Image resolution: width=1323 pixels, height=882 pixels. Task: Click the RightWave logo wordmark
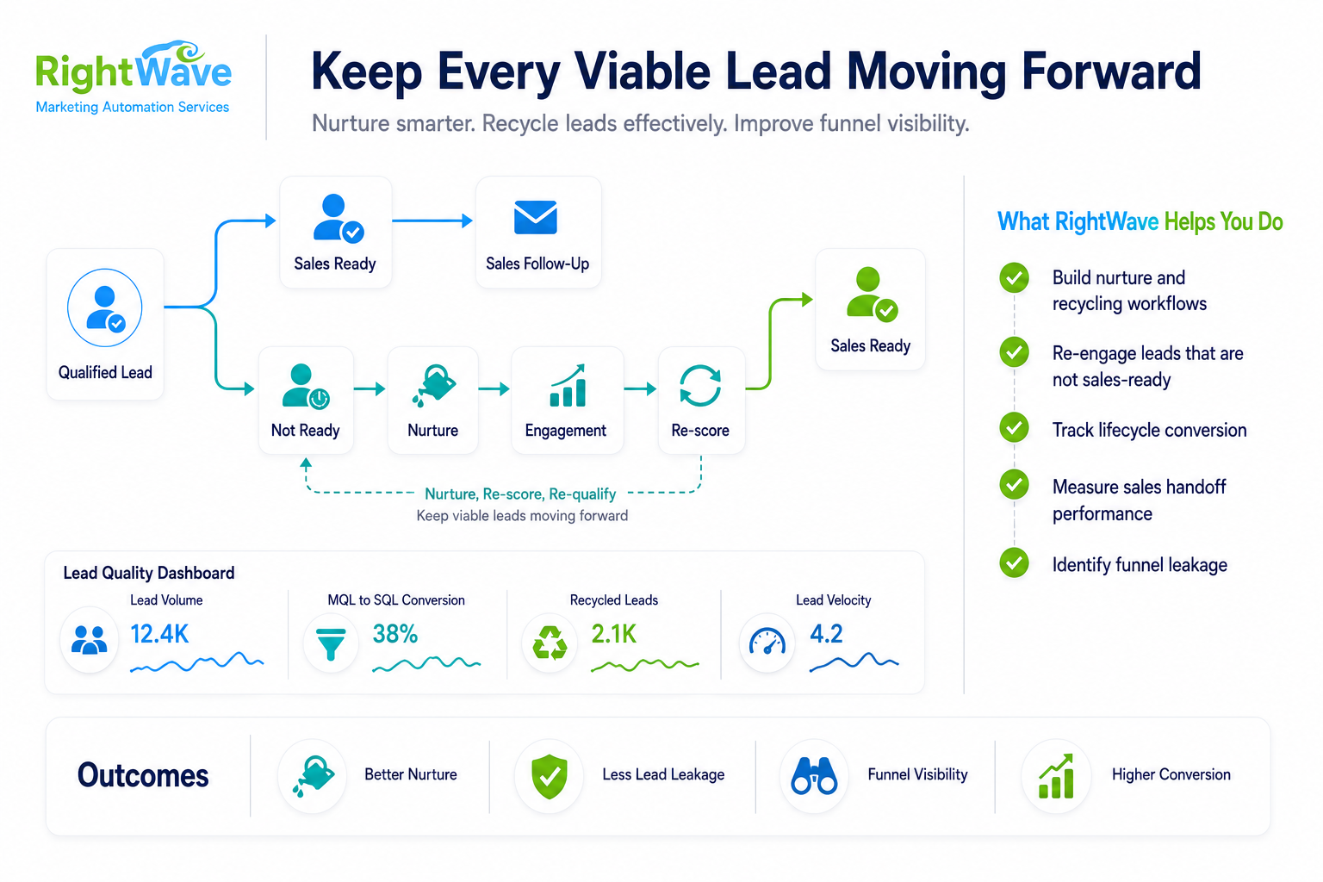point(134,67)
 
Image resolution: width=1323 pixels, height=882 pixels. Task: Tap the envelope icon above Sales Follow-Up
point(535,217)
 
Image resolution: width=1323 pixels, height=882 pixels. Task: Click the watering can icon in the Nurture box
point(434,385)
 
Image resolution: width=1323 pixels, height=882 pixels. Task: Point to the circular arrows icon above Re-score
point(700,386)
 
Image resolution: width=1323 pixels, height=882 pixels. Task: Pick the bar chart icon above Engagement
point(568,385)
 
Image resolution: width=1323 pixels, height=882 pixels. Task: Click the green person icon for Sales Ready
point(872,295)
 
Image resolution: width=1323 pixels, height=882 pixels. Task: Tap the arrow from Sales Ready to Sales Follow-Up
point(432,221)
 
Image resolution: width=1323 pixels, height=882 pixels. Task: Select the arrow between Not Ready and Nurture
point(370,388)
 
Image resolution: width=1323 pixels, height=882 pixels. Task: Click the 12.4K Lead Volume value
point(158,634)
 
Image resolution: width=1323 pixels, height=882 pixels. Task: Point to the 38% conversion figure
point(395,634)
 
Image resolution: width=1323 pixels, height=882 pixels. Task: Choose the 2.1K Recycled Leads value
point(613,634)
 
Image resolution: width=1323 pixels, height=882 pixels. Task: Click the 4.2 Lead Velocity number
point(826,634)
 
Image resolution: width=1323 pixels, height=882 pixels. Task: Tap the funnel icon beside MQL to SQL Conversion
point(331,643)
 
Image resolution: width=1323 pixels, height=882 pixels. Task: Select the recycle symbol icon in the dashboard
point(550,643)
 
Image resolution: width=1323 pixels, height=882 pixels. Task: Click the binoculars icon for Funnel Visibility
point(815,776)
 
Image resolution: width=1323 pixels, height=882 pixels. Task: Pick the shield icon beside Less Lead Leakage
point(550,776)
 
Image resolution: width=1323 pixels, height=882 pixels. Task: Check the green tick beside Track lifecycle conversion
point(1014,428)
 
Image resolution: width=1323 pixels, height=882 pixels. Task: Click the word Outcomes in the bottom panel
point(143,776)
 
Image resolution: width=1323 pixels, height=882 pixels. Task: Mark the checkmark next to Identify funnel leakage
point(1014,563)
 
